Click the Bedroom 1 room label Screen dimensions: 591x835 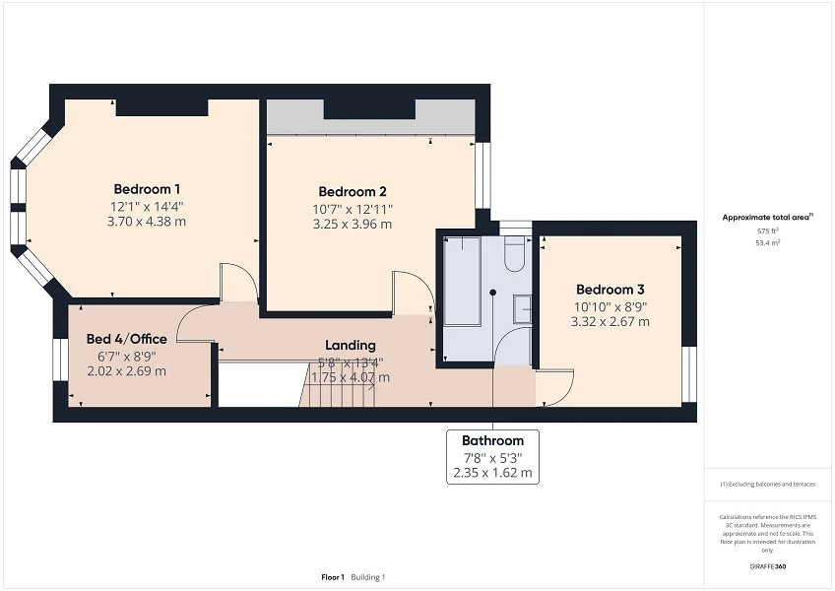148,188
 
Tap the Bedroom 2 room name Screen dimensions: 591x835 353,191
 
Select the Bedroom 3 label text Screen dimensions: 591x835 610,290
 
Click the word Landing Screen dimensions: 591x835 351,345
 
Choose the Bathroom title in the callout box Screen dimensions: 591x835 492,440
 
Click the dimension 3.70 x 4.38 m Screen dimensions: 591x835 148,222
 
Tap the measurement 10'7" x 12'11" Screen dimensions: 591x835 353,209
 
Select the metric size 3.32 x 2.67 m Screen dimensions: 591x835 610,321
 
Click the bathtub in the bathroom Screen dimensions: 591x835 461,281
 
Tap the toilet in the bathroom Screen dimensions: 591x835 514,256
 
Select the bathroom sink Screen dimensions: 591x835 522,309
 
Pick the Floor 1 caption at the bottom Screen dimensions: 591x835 332,576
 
